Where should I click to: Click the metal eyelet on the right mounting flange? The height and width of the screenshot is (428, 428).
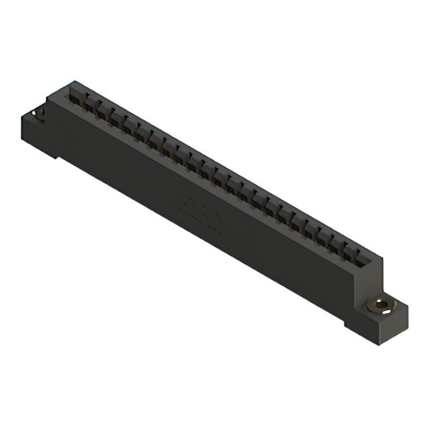pos(379,306)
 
